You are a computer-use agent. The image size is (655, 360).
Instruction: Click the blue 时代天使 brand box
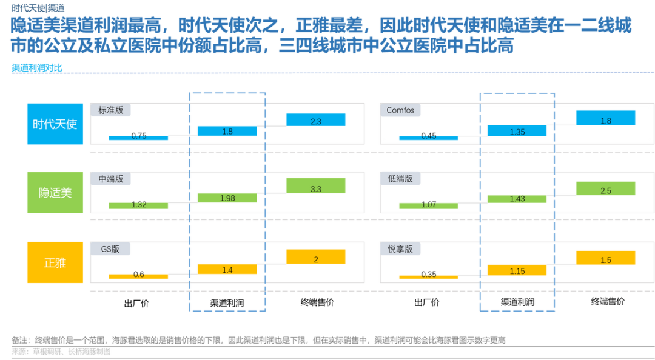[55, 124]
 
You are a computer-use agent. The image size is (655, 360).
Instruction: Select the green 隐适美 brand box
[55, 193]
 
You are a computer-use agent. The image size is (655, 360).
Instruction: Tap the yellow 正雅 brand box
[55, 262]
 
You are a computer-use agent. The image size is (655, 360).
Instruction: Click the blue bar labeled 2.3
[315, 120]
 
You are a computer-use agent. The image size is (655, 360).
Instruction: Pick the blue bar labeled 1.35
[517, 132]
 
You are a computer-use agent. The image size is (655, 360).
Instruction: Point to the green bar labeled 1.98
[227, 198]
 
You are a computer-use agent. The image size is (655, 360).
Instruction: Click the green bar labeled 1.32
[139, 205]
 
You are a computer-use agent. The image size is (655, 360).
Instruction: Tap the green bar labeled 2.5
[606, 189]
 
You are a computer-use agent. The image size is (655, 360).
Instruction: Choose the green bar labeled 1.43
[517, 199]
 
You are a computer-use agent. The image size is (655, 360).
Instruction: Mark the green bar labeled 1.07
[428, 205]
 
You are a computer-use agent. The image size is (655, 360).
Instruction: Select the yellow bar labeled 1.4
[227, 270]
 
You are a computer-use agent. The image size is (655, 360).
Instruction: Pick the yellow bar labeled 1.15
[517, 271]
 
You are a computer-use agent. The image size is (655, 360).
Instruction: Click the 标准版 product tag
[111, 110]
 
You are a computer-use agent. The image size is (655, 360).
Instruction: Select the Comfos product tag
[400, 110]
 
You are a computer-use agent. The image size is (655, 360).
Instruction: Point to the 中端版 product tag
[111, 179]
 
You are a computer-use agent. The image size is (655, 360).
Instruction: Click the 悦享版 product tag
[400, 248]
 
